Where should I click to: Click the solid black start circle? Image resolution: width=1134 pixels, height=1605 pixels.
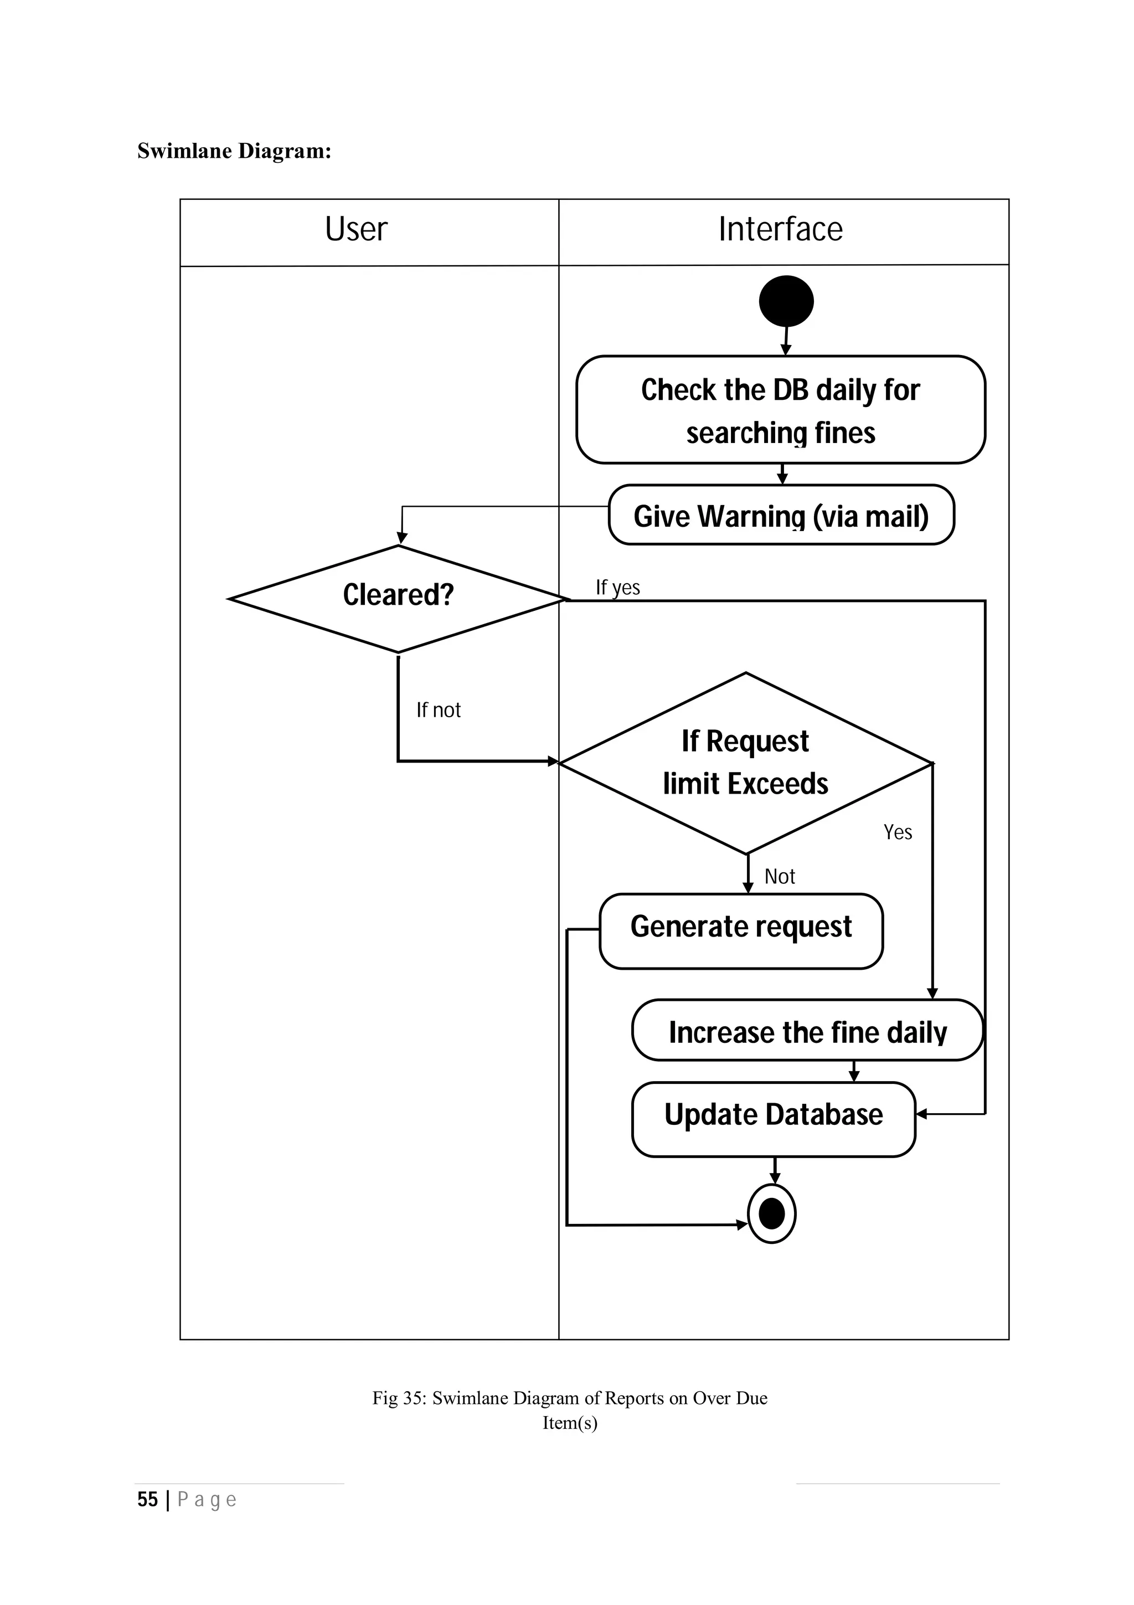[786, 301]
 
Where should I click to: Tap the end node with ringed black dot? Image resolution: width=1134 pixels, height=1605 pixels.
[771, 1213]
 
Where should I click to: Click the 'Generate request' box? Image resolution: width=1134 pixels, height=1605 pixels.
[741, 930]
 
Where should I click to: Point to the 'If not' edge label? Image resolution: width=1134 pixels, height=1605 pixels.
[438, 710]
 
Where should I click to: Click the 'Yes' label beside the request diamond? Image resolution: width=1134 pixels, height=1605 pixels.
[898, 832]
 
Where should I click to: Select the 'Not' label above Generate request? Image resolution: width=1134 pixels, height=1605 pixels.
[779, 877]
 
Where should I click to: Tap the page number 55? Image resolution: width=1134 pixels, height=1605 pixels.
[147, 1499]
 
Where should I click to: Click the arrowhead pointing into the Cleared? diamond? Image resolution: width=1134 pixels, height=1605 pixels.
[402, 538]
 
